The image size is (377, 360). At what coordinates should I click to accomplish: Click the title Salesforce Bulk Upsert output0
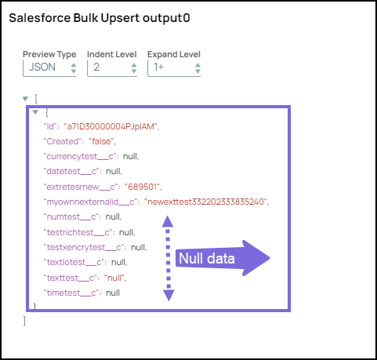[100, 18]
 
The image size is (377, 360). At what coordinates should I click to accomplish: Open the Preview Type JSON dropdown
[49, 68]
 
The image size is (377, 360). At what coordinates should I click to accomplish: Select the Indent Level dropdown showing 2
[112, 68]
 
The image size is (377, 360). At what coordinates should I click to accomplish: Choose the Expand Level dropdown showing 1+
[174, 68]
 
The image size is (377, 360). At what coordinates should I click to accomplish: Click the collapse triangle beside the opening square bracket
[25, 99]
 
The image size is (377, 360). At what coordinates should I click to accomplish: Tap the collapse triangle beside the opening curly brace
[35, 112]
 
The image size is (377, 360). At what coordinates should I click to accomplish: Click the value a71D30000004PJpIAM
[111, 126]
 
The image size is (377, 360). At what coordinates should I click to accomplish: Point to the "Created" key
[63, 141]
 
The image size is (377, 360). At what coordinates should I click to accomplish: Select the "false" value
[101, 141]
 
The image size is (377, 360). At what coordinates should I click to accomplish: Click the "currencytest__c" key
[80, 157]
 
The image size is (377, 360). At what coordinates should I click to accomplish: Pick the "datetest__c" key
[71, 172]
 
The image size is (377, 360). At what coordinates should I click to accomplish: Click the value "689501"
[143, 187]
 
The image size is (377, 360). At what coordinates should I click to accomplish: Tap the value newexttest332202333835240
[206, 202]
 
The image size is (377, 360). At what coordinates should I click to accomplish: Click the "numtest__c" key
[71, 217]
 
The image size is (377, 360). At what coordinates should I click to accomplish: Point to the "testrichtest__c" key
[78, 232]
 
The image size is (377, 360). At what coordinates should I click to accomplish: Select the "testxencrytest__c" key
[84, 247]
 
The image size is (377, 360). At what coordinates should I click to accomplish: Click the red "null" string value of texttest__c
[114, 278]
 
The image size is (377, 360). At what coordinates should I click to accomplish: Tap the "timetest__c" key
[71, 293]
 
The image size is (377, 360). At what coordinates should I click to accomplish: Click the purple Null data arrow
[223, 258]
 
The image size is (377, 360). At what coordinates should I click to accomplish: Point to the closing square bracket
[24, 321]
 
